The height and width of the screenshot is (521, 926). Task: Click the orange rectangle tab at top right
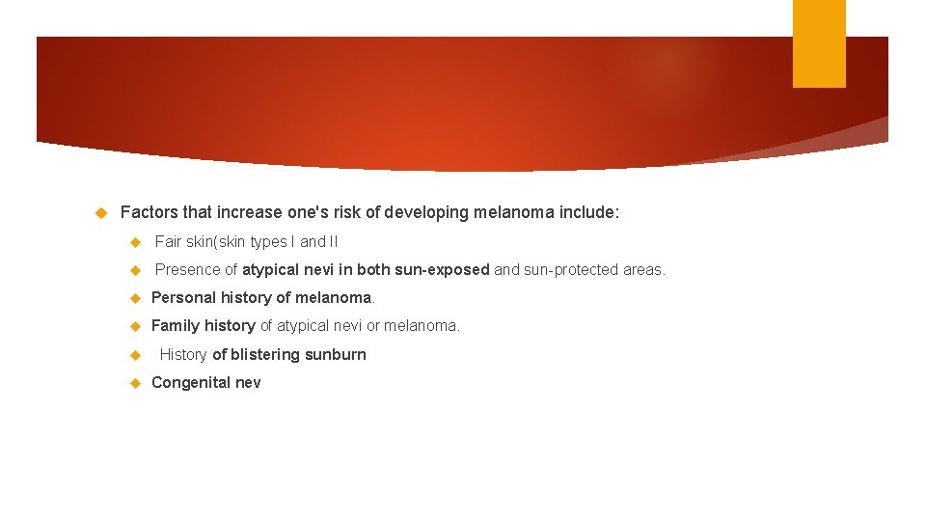click(x=819, y=42)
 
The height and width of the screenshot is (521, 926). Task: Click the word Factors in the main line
click(x=149, y=212)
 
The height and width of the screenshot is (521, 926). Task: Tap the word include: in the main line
click(x=585, y=212)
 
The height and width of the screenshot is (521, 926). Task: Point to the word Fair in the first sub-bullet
click(x=168, y=242)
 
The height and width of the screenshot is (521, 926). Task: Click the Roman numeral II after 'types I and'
click(x=332, y=242)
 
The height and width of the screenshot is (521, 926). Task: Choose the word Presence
click(x=188, y=270)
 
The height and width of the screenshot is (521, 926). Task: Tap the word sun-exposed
click(x=442, y=270)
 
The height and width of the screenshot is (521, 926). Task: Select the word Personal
click(x=184, y=298)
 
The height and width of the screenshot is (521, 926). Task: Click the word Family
click(x=175, y=326)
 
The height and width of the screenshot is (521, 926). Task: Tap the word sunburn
click(x=336, y=355)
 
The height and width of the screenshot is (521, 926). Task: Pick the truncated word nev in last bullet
click(x=248, y=383)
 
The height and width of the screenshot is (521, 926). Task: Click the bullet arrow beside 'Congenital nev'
click(x=135, y=383)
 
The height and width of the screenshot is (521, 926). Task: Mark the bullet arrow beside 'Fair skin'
click(x=135, y=242)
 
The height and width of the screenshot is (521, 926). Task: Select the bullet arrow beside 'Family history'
click(x=135, y=326)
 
